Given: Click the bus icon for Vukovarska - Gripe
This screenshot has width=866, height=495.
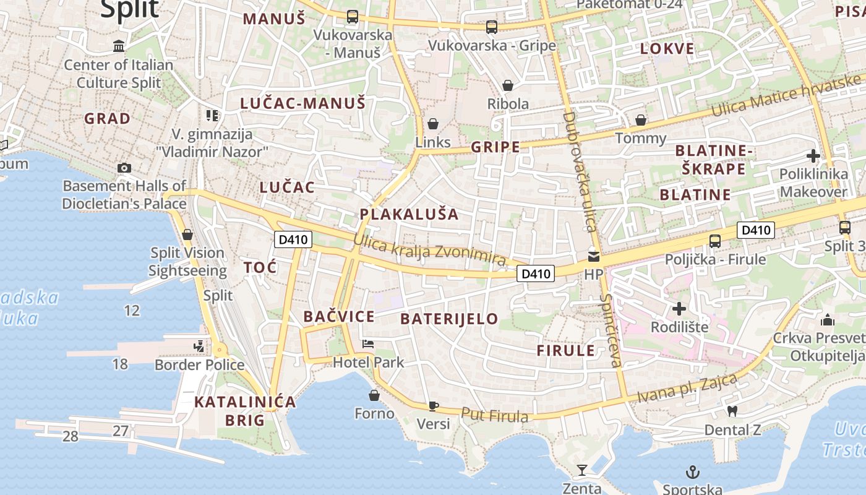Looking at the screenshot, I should click(492, 27).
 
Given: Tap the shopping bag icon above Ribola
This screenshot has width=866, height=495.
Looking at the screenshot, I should click(508, 85).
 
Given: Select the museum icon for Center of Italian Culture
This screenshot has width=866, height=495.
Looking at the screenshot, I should click(119, 46).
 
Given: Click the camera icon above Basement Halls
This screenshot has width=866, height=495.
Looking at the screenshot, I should click(124, 168).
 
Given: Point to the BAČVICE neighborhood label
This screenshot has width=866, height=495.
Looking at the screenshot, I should click(339, 317).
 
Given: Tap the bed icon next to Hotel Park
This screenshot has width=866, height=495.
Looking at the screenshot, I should click(368, 344).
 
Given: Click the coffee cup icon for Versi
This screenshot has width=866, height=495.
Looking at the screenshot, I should click(433, 407).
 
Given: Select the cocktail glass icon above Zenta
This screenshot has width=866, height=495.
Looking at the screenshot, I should click(581, 470).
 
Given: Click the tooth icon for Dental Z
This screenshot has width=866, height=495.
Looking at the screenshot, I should click(732, 411).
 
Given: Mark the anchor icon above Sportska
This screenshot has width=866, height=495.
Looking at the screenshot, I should click(693, 473).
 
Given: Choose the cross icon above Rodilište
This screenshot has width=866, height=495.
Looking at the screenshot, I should click(679, 308).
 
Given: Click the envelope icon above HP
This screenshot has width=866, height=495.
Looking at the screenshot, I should click(593, 256).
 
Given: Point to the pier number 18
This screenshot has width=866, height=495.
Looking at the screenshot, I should click(120, 364).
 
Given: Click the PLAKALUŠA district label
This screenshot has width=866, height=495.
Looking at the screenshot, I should click(409, 215).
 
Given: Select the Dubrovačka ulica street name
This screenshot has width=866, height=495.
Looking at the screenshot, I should click(578, 172).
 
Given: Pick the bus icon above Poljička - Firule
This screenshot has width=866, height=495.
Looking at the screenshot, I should click(715, 241).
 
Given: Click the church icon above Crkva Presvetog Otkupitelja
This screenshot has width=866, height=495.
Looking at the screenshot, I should click(827, 320).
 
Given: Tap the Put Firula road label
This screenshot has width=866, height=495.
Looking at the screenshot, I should click(495, 415).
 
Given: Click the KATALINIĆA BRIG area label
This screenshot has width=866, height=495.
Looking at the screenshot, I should click(245, 411).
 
